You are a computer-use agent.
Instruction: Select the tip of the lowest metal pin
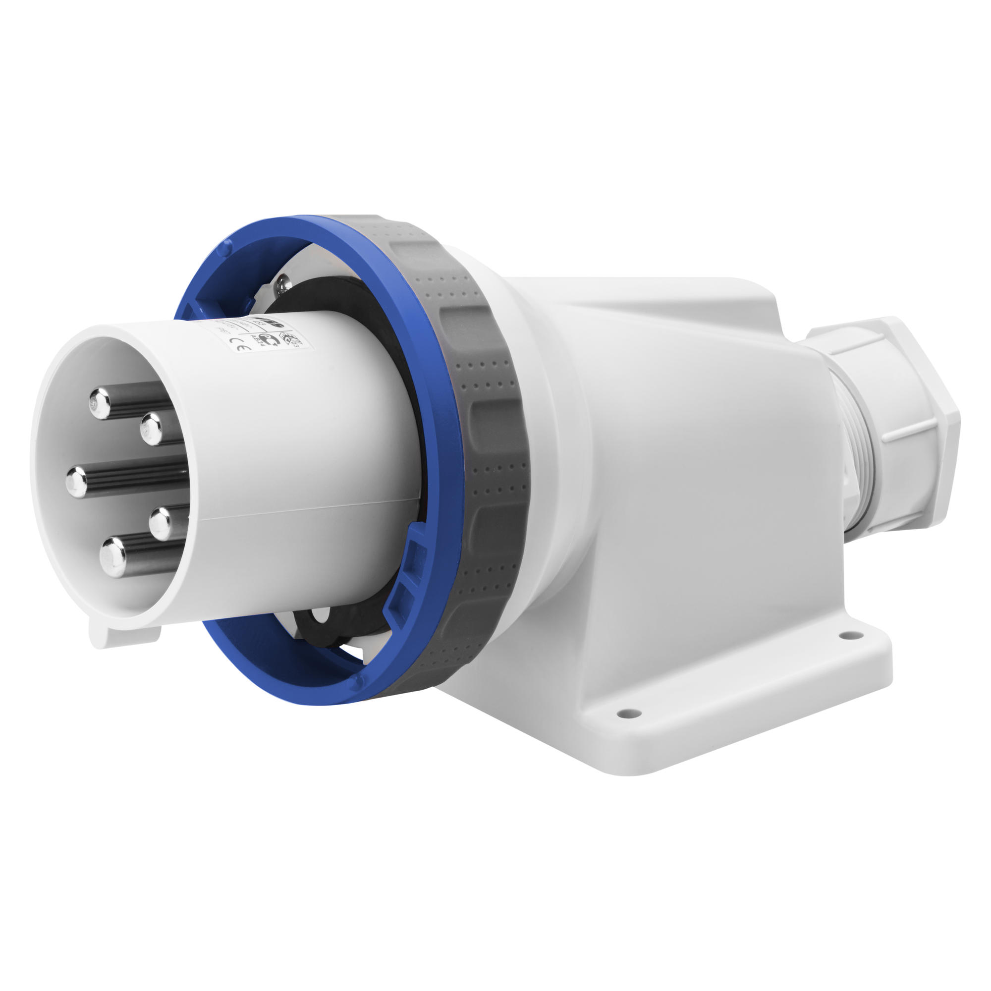(x=112, y=556)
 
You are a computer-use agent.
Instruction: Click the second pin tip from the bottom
(x=161, y=522)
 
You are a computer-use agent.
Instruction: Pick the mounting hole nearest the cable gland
(x=845, y=636)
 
